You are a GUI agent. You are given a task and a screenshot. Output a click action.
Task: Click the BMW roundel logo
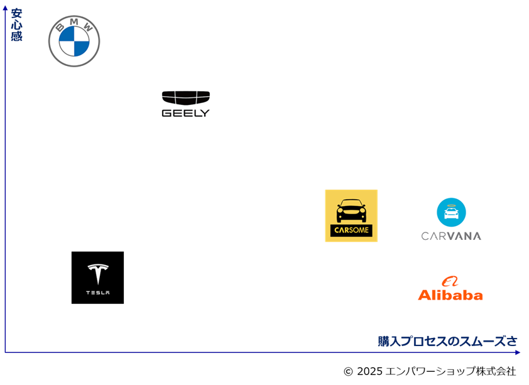point(74,41)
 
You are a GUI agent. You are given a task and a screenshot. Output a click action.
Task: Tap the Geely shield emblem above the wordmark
point(186,98)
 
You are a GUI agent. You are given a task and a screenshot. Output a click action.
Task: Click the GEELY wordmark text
point(186,113)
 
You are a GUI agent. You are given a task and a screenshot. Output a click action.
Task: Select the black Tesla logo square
point(97,278)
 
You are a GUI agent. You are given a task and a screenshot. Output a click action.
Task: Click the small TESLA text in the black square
point(98,293)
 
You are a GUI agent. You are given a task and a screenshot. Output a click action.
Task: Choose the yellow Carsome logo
point(351,216)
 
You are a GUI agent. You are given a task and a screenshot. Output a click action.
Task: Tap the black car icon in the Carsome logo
point(351,210)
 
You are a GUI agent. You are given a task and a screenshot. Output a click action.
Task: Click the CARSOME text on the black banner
point(351,230)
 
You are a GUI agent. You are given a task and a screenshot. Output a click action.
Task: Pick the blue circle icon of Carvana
point(451,212)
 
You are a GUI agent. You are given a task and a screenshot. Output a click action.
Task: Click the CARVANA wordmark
point(451,236)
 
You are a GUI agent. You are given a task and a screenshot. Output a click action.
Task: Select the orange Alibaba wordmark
point(450,295)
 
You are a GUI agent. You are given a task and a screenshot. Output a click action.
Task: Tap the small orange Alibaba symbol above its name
point(450,281)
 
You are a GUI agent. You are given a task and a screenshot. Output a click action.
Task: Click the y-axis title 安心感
point(16,24)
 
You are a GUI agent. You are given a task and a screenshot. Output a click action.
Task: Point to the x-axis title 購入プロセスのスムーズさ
point(447,341)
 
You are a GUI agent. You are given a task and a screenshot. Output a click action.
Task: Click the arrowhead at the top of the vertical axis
point(5,8)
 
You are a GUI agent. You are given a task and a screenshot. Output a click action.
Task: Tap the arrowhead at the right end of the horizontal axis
point(518,352)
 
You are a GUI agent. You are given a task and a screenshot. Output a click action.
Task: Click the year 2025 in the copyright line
point(369,371)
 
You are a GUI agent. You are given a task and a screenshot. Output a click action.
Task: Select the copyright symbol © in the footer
point(348,372)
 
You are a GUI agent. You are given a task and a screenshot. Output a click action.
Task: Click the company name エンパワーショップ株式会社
point(450,371)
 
